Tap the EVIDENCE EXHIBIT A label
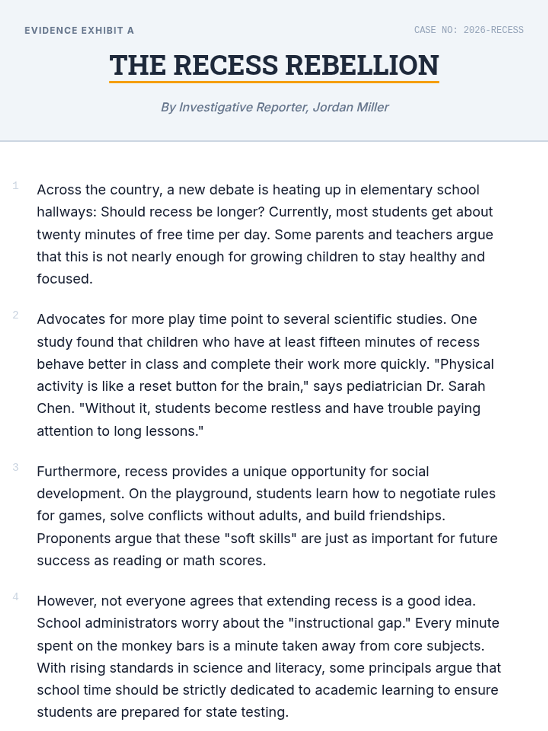pyautogui.click(x=79, y=31)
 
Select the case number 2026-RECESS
pyautogui.click(x=493, y=30)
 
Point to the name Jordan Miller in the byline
pyautogui.click(x=351, y=107)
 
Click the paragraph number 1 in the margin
pyautogui.click(x=16, y=185)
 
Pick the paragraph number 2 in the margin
pyautogui.click(x=16, y=315)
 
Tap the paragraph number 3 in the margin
pyautogui.click(x=16, y=467)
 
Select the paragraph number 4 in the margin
pyautogui.click(x=16, y=597)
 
